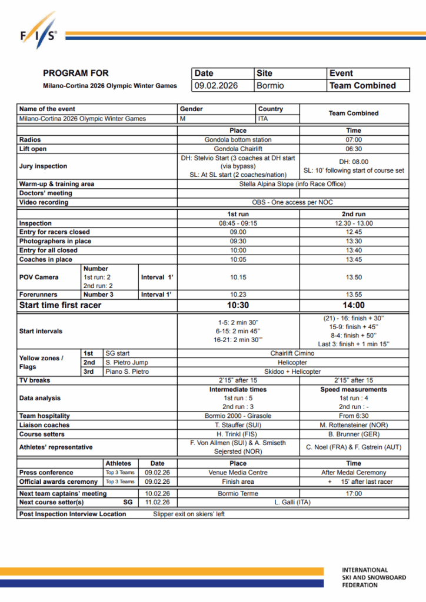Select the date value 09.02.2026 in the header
tap(216, 86)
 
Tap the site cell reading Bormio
tap(270, 86)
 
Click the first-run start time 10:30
tap(238, 305)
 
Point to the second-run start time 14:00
tap(354, 305)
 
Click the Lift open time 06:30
tap(354, 149)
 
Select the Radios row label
tap(30, 140)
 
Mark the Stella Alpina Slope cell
tap(292, 184)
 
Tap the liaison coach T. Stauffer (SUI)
tap(238, 425)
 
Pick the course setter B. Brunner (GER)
tap(354, 434)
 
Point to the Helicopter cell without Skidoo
tap(292, 363)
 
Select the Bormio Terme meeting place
tap(238, 494)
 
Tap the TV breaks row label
tap(35, 380)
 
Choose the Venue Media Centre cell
tap(238, 473)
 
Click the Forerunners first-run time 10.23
tap(238, 295)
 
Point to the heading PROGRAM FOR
tap(76, 73)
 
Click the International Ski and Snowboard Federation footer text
tap(374, 577)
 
